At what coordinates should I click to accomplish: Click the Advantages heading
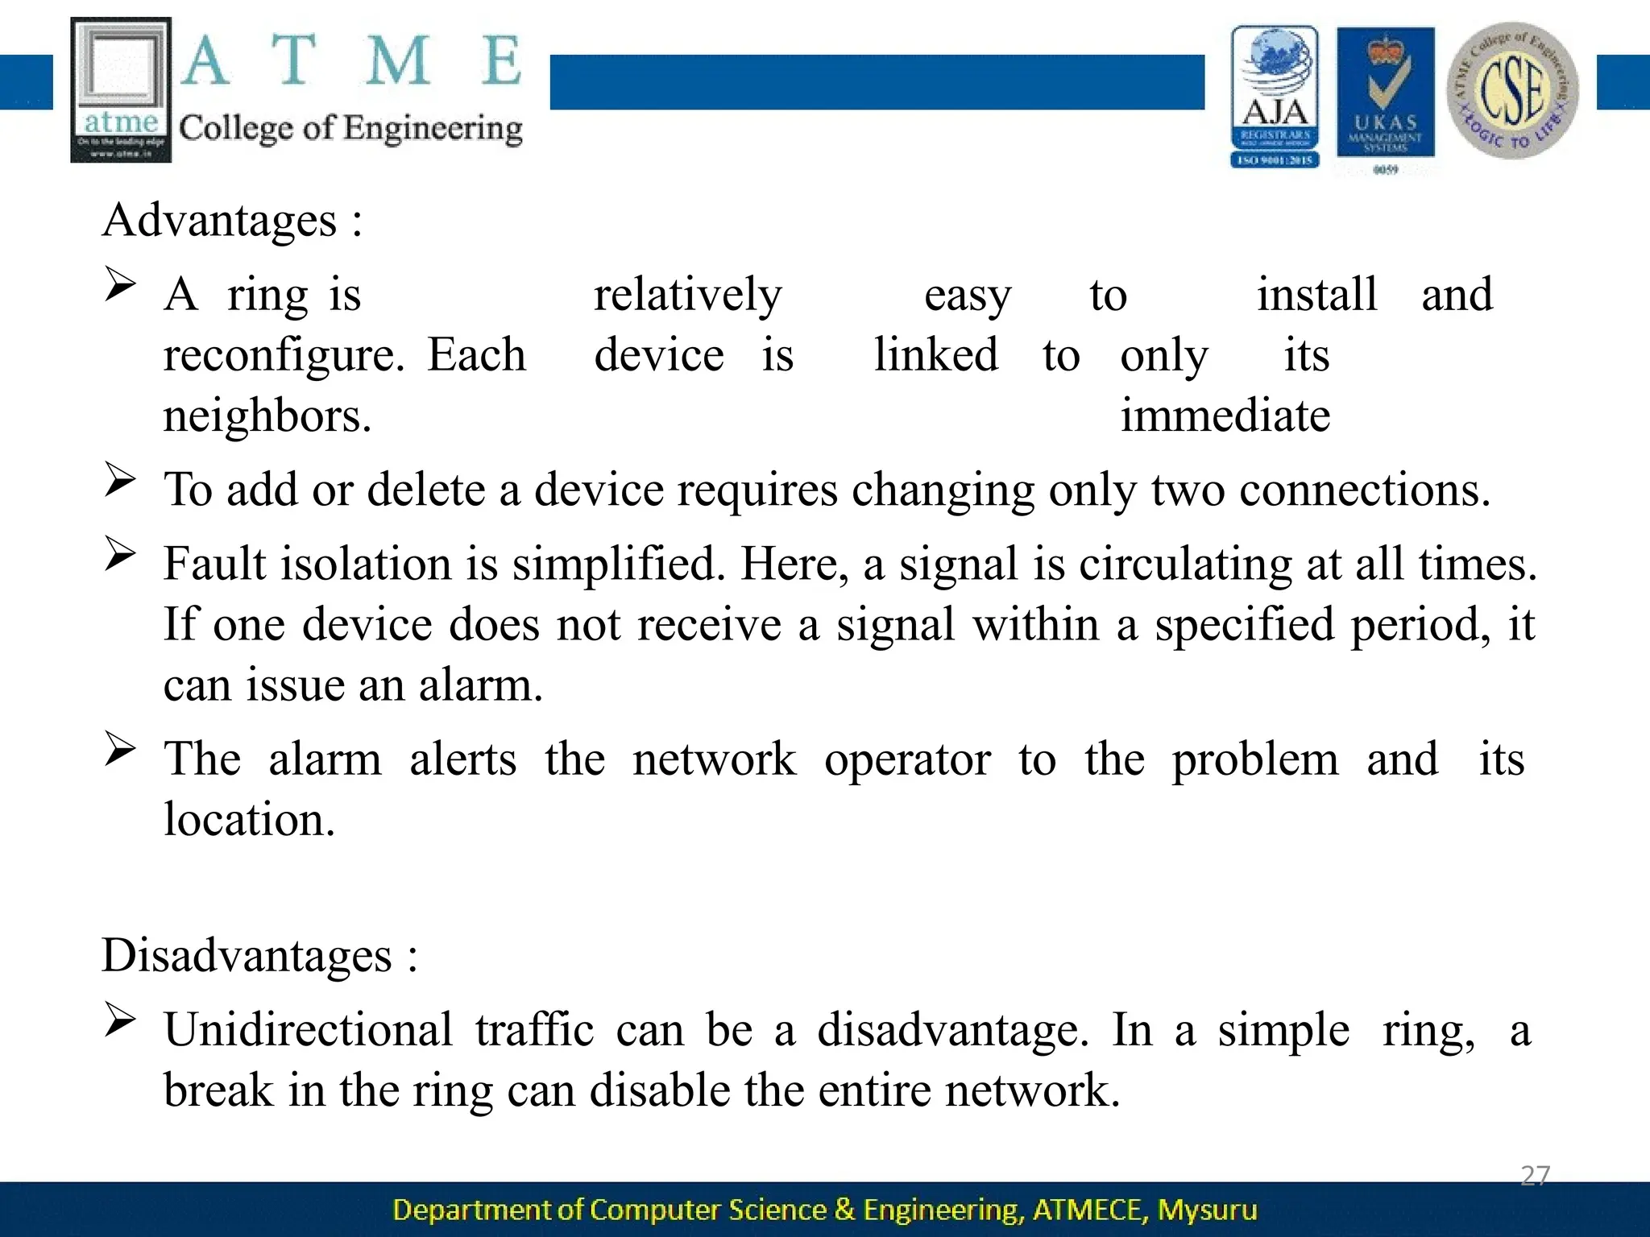pos(219,220)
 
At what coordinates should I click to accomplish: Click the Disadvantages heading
pos(247,955)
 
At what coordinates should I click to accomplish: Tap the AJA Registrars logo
pos(1275,97)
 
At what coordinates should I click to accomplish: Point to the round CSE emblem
pos(1512,90)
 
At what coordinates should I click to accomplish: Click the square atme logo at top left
pos(121,89)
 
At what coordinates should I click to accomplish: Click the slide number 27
pos(1535,1175)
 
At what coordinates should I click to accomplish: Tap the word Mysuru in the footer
pos(1207,1210)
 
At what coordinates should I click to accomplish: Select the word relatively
pos(687,295)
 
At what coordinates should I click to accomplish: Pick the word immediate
pos(1225,416)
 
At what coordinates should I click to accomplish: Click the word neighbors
pos(267,416)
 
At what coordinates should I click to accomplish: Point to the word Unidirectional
pos(308,1029)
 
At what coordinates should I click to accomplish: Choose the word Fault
pos(215,563)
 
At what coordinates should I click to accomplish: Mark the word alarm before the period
pos(479,685)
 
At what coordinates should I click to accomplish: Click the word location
pos(248,820)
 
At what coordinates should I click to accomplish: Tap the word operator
pos(907,759)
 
